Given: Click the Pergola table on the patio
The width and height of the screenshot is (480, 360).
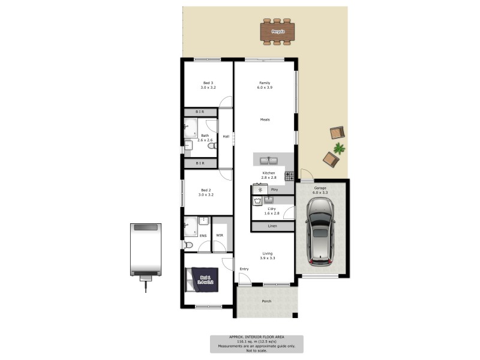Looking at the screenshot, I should (x=277, y=31).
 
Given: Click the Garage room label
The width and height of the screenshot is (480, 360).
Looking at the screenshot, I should (x=320, y=190).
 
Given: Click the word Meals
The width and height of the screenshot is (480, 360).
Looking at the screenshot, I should (x=265, y=119).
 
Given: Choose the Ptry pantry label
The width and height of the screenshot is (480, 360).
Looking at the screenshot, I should (x=275, y=190).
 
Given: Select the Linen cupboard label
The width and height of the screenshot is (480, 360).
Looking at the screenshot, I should (x=272, y=226).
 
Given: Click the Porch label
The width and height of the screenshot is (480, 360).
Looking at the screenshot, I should (x=266, y=301).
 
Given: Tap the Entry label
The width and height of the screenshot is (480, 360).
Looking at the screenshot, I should (x=244, y=269).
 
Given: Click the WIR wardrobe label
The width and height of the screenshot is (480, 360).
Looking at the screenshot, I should (x=220, y=235).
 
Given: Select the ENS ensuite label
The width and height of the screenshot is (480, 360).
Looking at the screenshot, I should (x=203, y=235).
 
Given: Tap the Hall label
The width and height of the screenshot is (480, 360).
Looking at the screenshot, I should (x=226, y=136).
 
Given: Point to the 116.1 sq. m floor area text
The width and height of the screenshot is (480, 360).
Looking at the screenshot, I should (x=256, y=341).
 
